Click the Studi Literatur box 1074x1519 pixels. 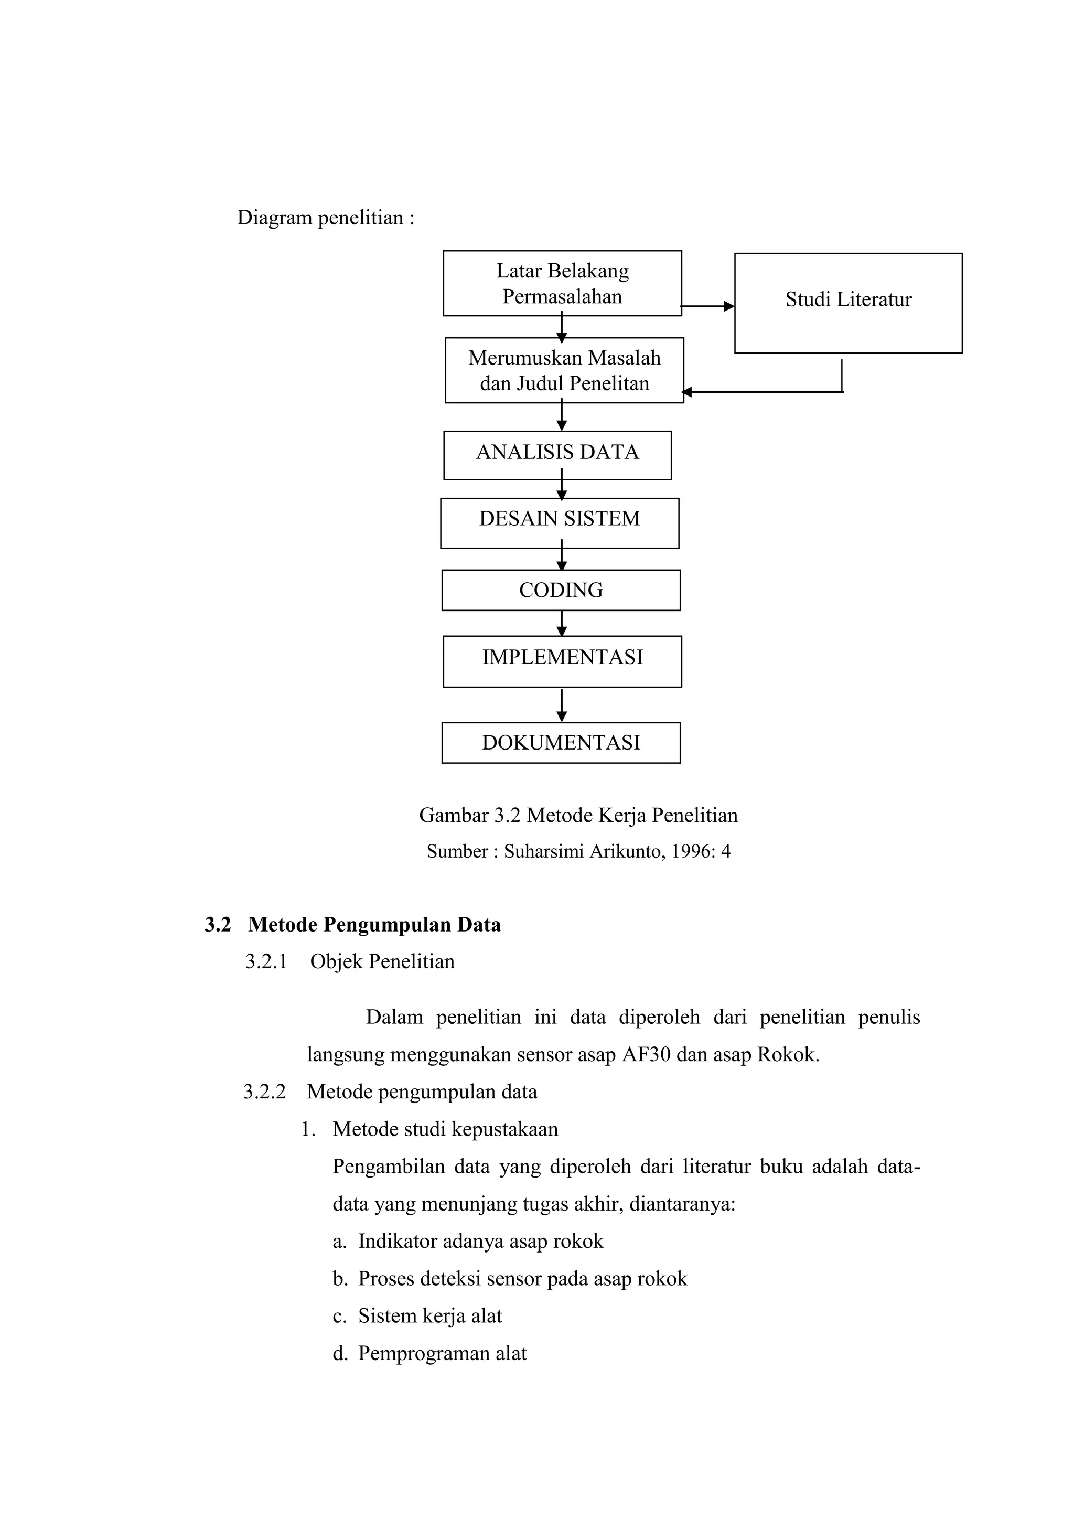[848, 303]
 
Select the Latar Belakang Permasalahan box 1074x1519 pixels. [562, 283]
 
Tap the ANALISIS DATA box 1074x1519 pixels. [557, 455]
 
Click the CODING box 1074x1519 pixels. [561, 590]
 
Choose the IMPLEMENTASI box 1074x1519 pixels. [562, 661]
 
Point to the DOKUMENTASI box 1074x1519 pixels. [561, 742]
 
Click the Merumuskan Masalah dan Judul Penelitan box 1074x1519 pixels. [564, 370]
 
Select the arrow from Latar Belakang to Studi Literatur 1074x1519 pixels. [707, 306]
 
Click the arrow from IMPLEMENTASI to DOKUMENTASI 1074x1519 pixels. [562, 705]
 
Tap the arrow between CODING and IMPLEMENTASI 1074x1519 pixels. [562, 623]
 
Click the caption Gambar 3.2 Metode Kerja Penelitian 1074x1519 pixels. [578, 815]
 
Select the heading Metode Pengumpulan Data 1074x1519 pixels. [374, 924]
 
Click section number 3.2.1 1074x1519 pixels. [266, 961]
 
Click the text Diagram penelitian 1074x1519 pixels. [325, 218]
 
